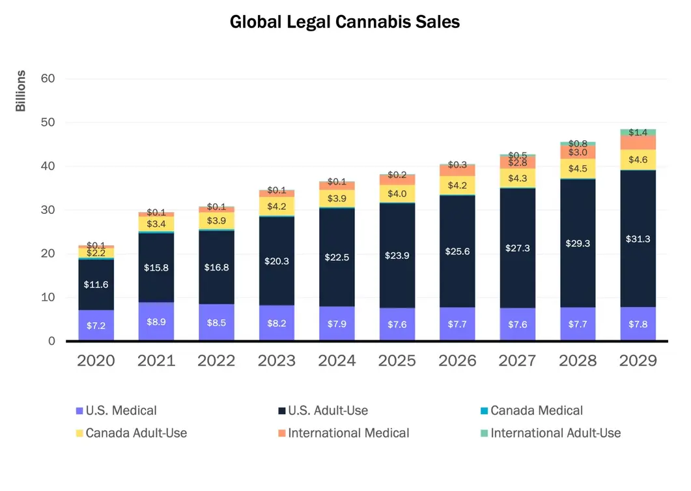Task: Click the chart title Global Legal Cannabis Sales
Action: pos(345,22)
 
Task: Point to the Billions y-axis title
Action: pos(21,91)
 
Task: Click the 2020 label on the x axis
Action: pos(96,361)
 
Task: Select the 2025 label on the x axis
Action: pos(397,361)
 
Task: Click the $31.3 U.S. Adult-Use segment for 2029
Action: pos(638,239)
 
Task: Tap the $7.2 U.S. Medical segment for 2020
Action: pos(96,325)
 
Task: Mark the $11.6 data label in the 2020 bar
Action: pos(96,285)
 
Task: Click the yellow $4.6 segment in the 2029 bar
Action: pos(638,160)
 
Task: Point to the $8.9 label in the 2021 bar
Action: pos(156,321)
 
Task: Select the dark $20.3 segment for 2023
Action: pos(277,261)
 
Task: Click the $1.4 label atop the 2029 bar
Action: pos(638,132)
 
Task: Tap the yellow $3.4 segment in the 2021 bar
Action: pos(156,224)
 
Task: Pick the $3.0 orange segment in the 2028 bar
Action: pos(578,152)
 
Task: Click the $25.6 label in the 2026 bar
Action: pos(457,250)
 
